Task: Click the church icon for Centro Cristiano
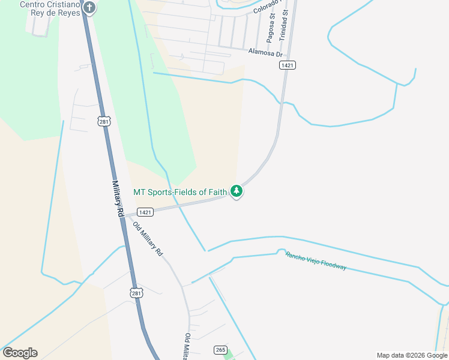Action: click(89, 8)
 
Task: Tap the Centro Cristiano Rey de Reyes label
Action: click(50, 9)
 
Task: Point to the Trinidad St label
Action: click(285, 20)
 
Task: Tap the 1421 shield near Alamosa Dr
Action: click(288, 65)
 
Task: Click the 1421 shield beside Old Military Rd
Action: click(145, 212)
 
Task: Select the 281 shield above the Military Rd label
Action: click(105, 121)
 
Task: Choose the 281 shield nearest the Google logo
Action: click(136, 292)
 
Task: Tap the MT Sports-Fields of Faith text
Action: click(180, 192)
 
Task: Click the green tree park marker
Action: click(237, 191)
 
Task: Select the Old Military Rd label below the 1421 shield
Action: click(148, 239)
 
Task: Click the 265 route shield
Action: click(220, 349)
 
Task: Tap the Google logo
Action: click(20, 353)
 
